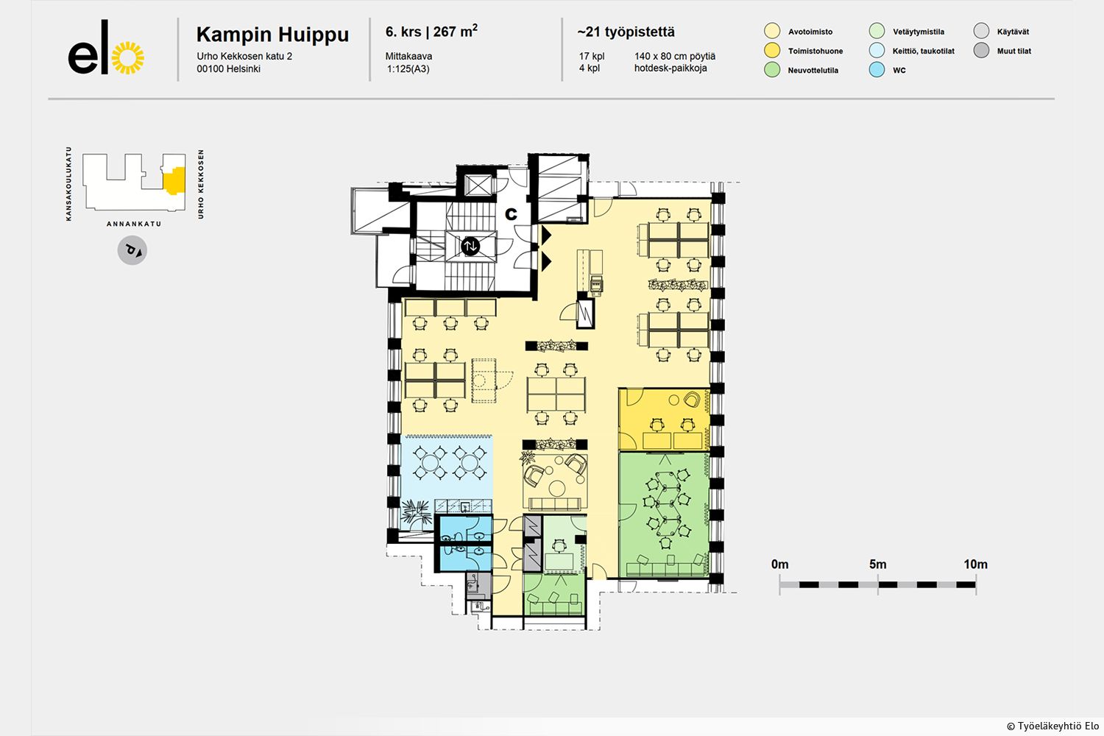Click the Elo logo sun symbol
pyautogui.click(x=128, y=57)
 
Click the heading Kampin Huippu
pyautogui.click(x=272, y=35)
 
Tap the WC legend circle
pyautogui.click(x=877, y=69)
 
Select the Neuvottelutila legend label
pyautogui.click(x=813, y=70)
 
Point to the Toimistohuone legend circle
pyautogui.click(x=772, y=50)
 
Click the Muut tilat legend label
pyautogui.click(x=1013, y=51)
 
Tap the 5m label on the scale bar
pyautogui.click(x=878, y=564)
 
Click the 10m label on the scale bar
pyautogui.click(x=975, y=564)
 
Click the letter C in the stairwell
pyautogui.click(x=511, y=214)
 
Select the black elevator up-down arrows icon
pyautogui.click(x=470, y=246)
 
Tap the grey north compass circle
pyautogui.click(x=132, y=250)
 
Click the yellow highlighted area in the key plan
pyautogui.click(x=174, y=180)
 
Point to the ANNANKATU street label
pyautogui.click(x=134, y=224)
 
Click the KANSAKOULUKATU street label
pyautogui.click(x=68, y=183)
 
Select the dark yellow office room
pyautogui.click(x=664, y=420)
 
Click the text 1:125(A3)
pyautogui.click(x=408, y=69)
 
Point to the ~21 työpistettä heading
pyautogui.click(x=626, y=32)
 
